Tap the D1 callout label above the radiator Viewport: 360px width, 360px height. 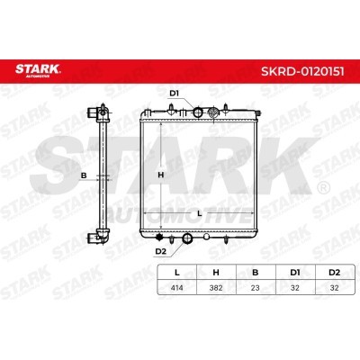click(175, 93)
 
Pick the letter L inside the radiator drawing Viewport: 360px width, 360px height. click(198, 213)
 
